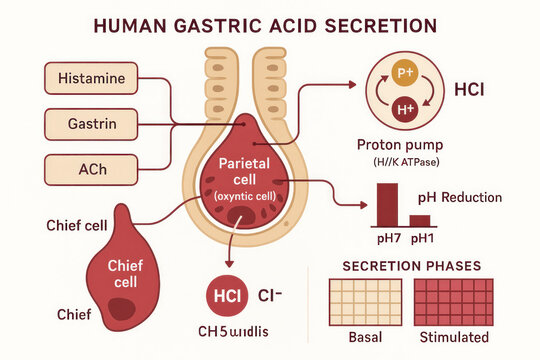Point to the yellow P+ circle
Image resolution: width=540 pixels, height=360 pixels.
[405, 73]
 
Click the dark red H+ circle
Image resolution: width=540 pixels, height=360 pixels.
[405, 107]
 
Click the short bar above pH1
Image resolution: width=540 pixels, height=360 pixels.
[420, 220]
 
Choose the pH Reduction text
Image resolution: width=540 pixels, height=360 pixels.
[461, 197]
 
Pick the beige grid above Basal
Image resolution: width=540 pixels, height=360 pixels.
[365, 301]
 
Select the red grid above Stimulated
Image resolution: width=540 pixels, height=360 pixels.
[453, 301]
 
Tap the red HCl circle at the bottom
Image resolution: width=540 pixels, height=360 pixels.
[226, 296]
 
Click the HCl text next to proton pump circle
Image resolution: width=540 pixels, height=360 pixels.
[469, 89]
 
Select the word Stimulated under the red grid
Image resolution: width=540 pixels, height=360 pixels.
[454, 337]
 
